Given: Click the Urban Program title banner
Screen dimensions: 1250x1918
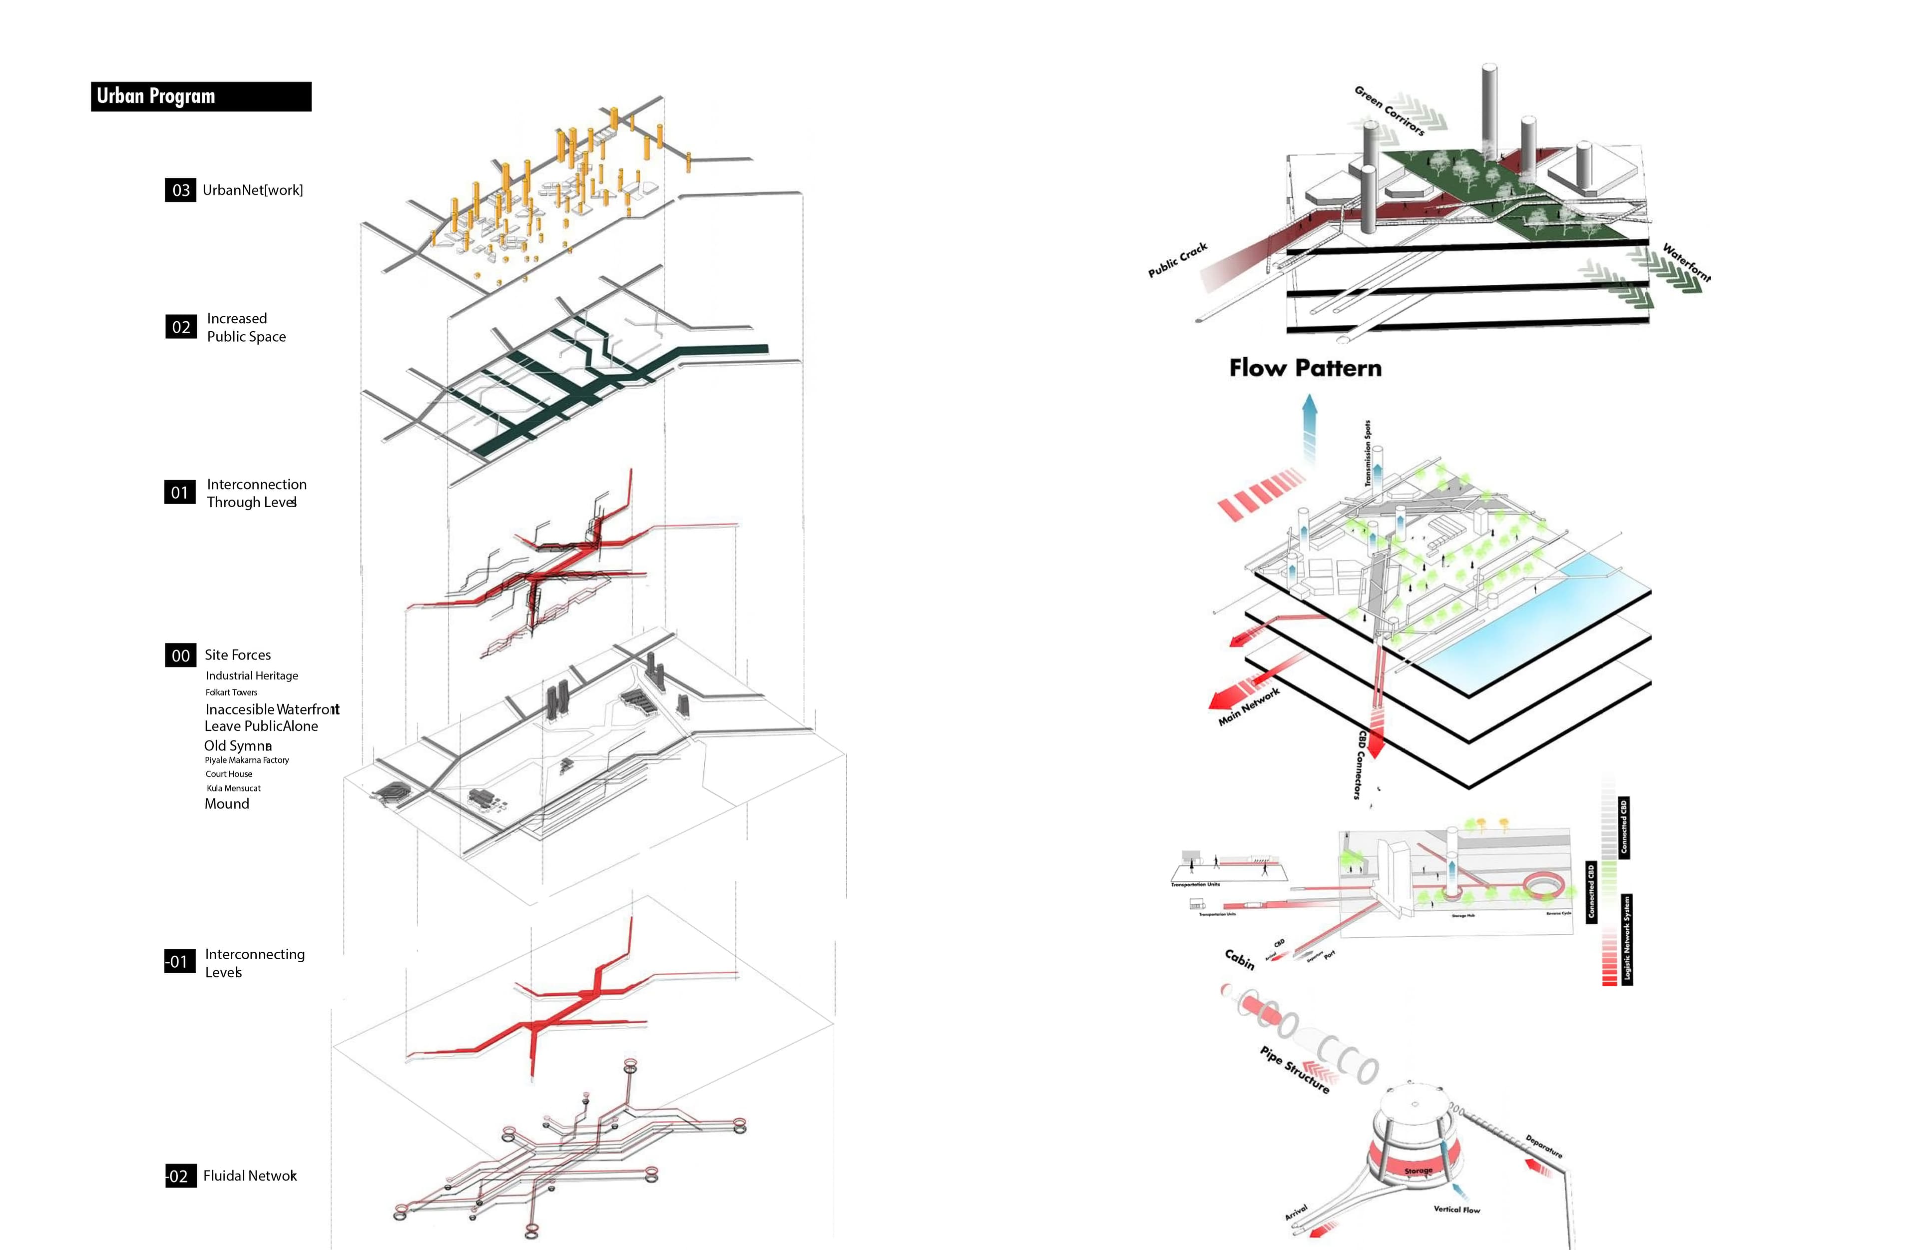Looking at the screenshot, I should click(x=201, y=96).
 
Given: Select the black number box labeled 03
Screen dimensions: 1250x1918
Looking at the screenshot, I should click(x=180, y=190).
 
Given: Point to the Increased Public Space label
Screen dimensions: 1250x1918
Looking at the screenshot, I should click(x=246, y=327).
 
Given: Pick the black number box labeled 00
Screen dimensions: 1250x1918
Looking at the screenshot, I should click(x=180, y=655).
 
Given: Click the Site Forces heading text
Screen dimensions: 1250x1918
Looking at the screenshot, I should click(x=238, y=655).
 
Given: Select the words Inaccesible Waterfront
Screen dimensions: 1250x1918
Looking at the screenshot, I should click(x=272, y=709).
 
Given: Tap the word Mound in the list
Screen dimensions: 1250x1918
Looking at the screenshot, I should click(x=226, y=803).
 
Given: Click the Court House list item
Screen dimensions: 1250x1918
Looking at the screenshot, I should click(x=229, y=774).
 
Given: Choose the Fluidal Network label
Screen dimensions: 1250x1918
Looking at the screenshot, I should click(x=250, y=1176).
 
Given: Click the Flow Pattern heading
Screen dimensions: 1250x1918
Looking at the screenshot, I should click(x=1305, y=368).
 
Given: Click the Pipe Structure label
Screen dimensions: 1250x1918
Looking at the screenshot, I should click(x=1294, y=1070).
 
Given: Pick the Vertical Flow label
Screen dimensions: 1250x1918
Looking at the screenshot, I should click(x=1456, y=1209).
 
